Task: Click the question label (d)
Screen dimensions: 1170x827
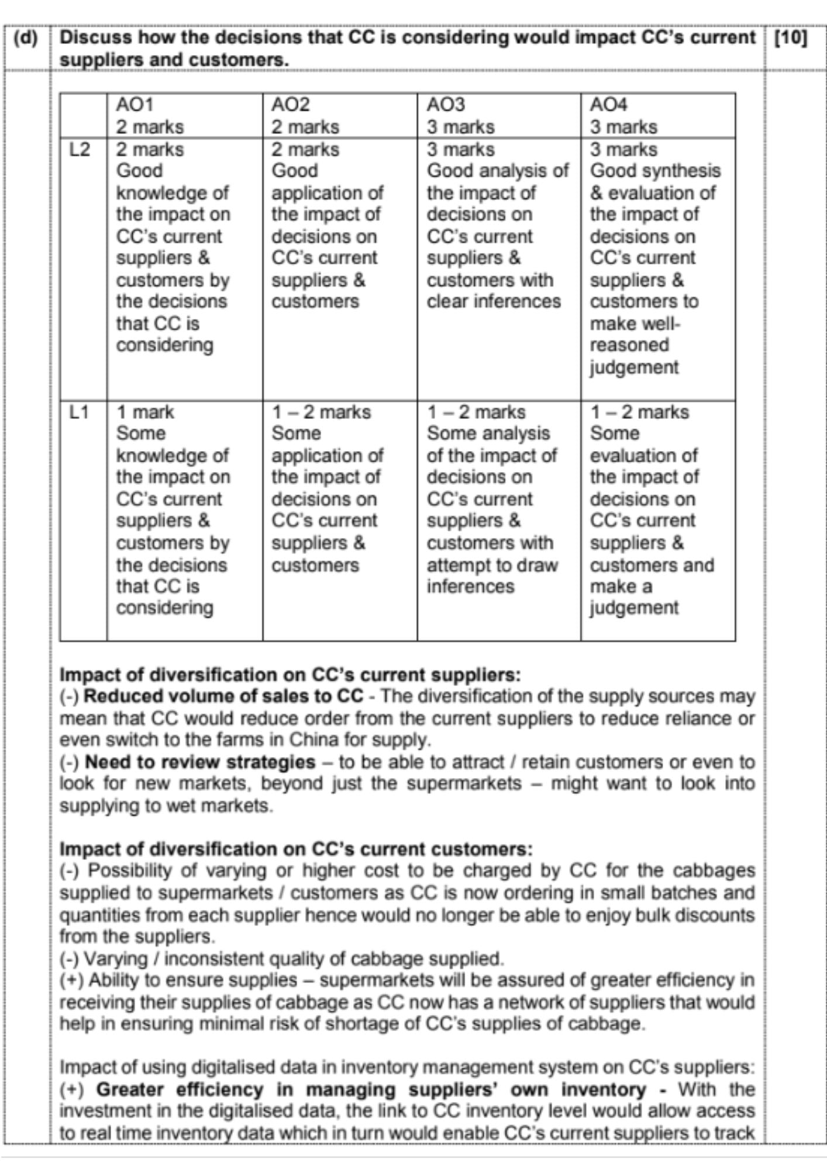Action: click(25, 38)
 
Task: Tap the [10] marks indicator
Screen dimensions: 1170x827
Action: click(790, 38)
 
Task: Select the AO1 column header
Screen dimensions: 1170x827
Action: click(135, 105)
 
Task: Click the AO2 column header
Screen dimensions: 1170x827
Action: click(290, 105)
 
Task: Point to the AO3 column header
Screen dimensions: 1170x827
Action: click(446, 105)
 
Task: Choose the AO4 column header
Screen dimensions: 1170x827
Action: click(608, 105)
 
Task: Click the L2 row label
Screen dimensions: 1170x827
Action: click(80, 150)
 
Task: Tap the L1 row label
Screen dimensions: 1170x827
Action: click(80, 412)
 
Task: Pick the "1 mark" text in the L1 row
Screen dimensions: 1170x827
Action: click(145, 412)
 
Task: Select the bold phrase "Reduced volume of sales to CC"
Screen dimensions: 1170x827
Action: click(224, 697)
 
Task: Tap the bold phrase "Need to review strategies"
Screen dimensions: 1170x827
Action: click(200, 762)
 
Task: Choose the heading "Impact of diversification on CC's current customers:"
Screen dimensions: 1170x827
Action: click(296, 849)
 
